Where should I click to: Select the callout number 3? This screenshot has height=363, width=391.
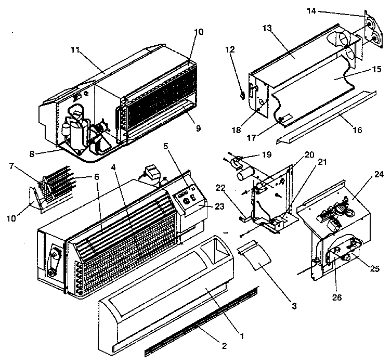294,306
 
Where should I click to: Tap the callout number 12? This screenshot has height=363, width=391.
230,50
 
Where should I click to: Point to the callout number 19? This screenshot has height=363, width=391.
267,154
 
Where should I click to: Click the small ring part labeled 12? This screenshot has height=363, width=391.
243,95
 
